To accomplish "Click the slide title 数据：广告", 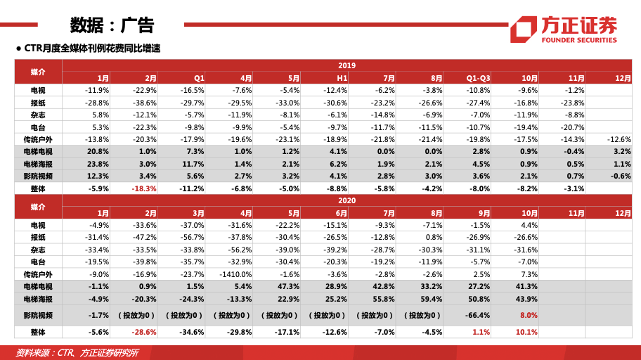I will [112, 25].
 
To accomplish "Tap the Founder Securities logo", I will [563, 29].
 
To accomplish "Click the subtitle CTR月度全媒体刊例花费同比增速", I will [92, 49].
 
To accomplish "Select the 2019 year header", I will [347, 65].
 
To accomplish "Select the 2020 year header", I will [347, 200].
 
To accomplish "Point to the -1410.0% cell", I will [235, 274].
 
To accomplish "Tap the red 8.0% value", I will [529, 316].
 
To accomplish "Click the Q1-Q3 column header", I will [478, 78].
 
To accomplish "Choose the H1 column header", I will [342, 78].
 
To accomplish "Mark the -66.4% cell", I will [478, 316].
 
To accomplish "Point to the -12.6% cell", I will [618, 139].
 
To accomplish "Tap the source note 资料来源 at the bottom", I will [77, 352].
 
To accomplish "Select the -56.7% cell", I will [192, 238].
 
